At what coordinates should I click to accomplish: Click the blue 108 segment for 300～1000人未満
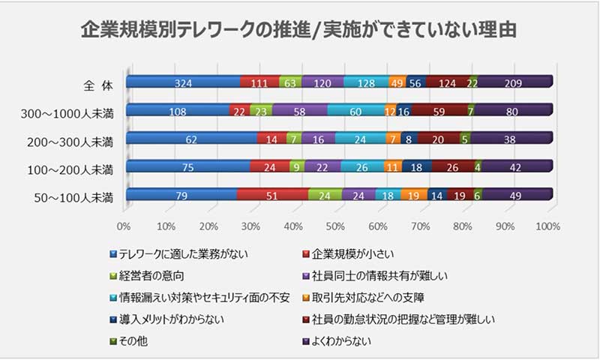click(x=177, y=111)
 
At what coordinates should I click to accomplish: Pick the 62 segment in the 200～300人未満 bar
click(x=191, y=139)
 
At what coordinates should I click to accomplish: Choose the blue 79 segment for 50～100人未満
click(x=181, y=196)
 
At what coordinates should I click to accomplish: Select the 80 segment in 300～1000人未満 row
click(x=513, y=111)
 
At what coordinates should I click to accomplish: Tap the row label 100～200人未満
click(x=69, y=168)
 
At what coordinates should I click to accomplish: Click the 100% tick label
click(x=548, y=224)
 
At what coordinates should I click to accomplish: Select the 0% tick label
click(x=125, y=224)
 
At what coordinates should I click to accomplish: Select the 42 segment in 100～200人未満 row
click(x=515, y=167)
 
